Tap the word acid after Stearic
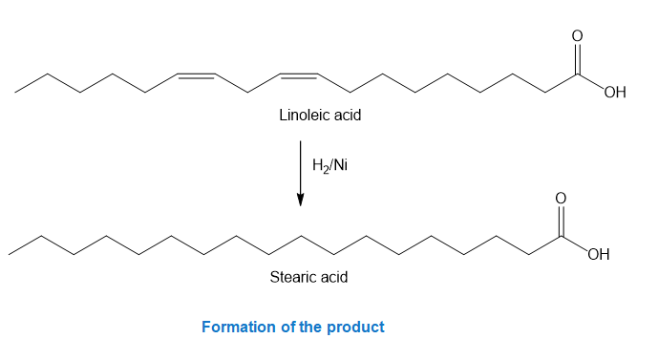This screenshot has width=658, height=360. click(333, 277)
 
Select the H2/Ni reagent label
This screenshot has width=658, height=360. click(329, 165)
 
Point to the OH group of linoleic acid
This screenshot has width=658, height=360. click(615, 92)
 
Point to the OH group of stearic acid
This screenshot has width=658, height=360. click(599, 254)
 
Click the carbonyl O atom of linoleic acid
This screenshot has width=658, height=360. click(578, 35)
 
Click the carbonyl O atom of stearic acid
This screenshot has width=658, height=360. click(561, 198)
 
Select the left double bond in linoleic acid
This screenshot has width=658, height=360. click(196, 75)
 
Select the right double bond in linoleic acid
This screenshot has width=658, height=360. click(298, 75)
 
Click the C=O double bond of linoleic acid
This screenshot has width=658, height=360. click(578, 59)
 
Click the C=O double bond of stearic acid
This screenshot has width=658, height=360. click(561, 221)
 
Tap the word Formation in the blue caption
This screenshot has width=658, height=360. click(239, 327)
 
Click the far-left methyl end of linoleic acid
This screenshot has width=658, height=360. click(15, 93)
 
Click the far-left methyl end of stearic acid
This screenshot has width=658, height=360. click(9, 254)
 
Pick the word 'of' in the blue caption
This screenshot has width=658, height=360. click(288, 327)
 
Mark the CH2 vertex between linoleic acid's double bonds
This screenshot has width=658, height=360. click(247, 93)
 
